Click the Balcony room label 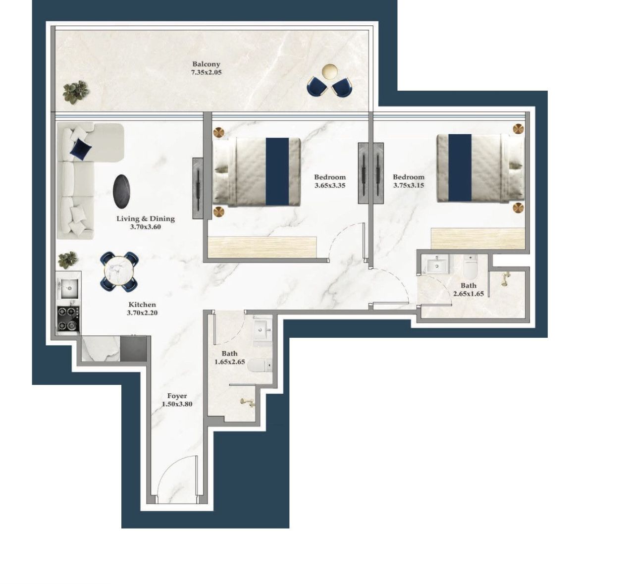206,64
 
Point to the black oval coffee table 122,192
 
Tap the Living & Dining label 146,218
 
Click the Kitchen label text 142,305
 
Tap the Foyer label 177,396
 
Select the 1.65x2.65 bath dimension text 229,362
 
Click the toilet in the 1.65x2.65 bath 260,366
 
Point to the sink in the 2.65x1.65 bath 436,265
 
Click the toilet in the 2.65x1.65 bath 470,267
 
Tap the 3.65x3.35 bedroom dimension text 330,186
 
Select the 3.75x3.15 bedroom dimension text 409,186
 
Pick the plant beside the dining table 68,259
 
